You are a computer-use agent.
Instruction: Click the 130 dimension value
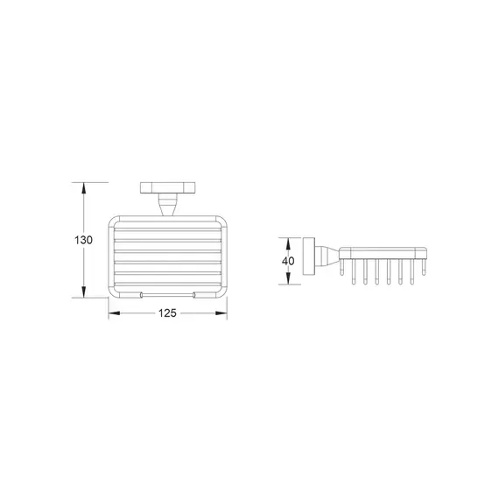tap(83, 240)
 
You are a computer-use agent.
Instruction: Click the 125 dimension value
tap(167, 313)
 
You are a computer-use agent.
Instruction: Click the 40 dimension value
tap(288, 261)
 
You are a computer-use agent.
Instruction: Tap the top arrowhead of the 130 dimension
tap(84, 188)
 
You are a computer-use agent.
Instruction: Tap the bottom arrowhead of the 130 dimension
tap(84, 292)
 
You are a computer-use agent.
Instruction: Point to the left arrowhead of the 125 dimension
tap(115, 313)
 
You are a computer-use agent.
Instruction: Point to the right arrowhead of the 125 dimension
tap(221, 313)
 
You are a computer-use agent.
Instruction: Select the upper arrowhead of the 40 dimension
tap(288, 243)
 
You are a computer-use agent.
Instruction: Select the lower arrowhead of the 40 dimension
tap(288, 278)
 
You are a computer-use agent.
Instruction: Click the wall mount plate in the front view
tap(168, 187)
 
